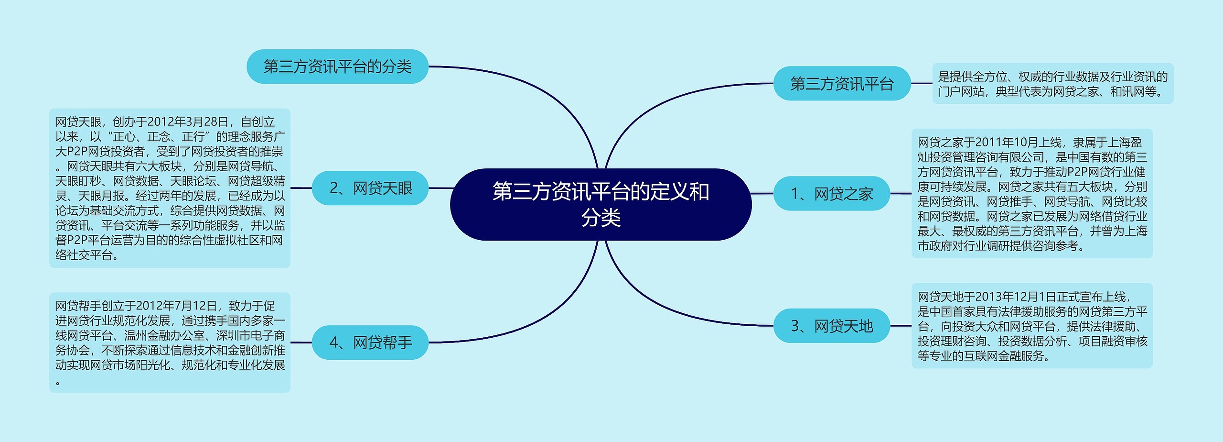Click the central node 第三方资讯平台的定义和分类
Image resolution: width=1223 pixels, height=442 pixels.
pos(601,204)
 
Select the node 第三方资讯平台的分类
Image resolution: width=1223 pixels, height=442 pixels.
pos(337,66)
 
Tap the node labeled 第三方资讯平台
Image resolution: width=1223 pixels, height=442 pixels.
pos(842,84)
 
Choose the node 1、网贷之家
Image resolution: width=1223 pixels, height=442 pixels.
pos(832,194)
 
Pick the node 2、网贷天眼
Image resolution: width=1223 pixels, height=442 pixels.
pos(370,188)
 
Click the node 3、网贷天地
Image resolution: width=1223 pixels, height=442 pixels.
pos(832,326)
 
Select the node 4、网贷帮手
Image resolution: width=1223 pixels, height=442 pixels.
pos(370,343)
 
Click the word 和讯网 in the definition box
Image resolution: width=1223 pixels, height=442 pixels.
pos(1127,91)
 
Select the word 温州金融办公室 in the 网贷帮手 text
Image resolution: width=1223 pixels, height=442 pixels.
pos(164,336)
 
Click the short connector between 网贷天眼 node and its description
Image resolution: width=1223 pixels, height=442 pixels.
pos(301,188)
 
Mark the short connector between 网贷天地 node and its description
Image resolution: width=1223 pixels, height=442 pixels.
pos(901,326)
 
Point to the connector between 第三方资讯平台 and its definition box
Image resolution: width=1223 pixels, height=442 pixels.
pos(922,84)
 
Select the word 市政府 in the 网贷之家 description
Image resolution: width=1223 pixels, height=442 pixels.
pos(935,246)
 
